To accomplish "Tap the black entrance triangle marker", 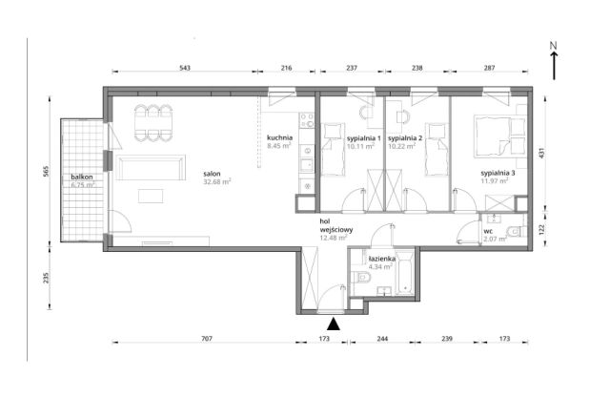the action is coord(334,324).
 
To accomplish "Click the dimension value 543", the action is coord(185,68).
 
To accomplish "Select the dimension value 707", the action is coord(207,339).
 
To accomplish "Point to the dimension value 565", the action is coord(45,172).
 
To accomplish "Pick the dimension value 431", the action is coord(541,153).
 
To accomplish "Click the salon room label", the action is coord(212,174).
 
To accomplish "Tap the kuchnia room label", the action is coord(279,137).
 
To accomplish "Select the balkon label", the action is coord(82,177).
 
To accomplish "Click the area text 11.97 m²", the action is coord(495,180).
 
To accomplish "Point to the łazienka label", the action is coord(382,259).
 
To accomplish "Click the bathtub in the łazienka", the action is coord(405,273).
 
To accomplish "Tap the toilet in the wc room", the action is coord(517,231).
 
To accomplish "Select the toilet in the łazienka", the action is coord(360,278).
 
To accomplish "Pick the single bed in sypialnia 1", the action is coord(333,149).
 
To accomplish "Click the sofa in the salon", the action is coord(151,167).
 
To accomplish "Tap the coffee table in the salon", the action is coord(151,196).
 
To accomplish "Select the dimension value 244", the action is coord(382,339).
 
